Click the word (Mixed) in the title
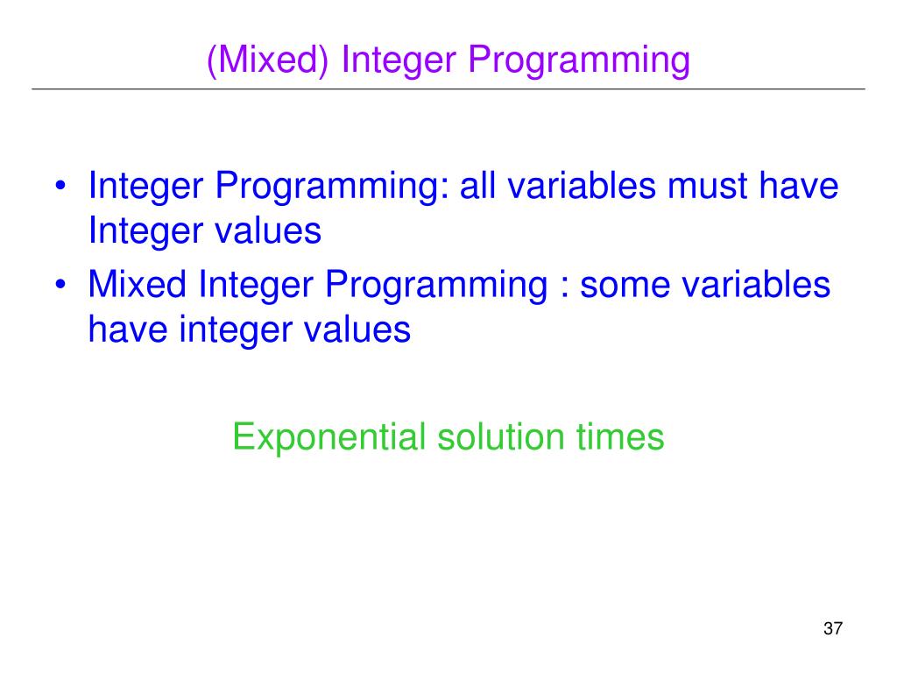point(268,60)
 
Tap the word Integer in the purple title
point(399,60)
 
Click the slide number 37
point(832,629)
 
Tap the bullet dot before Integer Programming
point(60,188)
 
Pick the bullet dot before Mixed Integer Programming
point(60,287)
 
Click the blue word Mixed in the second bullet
point(140,286)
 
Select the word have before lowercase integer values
point(126,330)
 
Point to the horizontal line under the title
point(448,89)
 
